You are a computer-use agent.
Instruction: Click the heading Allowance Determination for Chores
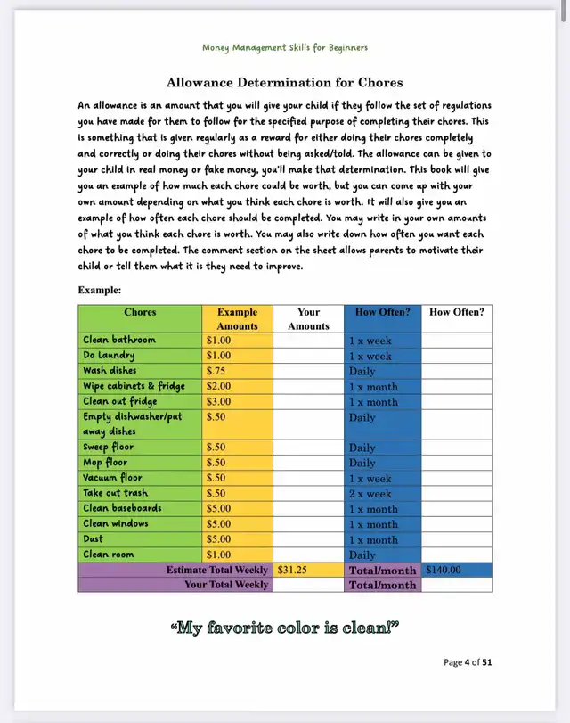(285, 83)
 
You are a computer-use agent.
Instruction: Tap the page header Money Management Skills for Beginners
(285, 47)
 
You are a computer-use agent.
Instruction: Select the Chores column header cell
(140, 313)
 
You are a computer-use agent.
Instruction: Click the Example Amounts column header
(237, 319)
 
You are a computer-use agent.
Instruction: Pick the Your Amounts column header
(308, 319)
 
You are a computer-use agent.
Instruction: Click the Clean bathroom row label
(119, 340)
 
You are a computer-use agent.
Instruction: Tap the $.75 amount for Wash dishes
(217, 371)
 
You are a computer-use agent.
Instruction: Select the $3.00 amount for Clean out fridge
(219, 401)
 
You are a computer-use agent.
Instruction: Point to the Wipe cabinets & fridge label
(134, 386)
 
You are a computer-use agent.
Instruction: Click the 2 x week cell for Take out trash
(370, 493)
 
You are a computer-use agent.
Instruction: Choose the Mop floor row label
(105, 463)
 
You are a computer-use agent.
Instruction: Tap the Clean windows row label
(116, 523)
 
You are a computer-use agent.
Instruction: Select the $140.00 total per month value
(444, 570)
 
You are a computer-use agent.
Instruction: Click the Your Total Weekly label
(226, 585)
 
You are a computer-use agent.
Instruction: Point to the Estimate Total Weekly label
(217, 570)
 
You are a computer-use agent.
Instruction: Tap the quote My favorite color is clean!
(284, 629)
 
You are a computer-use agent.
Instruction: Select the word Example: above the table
(100, 291)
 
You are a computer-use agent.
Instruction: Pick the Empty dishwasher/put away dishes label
(134, 424)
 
